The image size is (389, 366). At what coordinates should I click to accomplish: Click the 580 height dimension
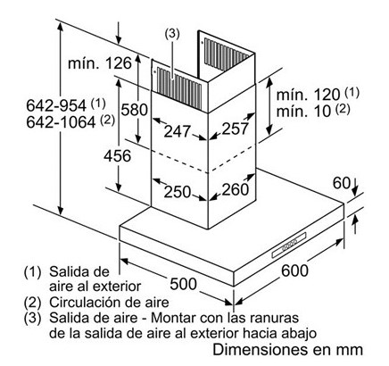coord(134,110)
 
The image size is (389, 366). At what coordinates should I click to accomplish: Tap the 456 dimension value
coord(117,156)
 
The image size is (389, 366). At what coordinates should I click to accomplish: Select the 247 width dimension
coord(178,131)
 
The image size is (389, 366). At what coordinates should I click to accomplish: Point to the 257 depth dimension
coord(235,129)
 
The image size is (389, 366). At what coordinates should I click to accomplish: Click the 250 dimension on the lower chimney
coord(178,192)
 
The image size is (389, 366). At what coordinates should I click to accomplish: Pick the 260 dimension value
coord(235,189)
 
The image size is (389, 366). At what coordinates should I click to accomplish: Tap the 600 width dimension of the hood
coord(294,270)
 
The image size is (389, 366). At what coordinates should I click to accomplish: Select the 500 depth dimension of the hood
coord(183,284)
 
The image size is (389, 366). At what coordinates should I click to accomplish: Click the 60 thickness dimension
coord(342,183)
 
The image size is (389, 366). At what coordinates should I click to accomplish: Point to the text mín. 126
coord(100,63)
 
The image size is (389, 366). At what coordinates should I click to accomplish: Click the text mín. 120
coord(308,95)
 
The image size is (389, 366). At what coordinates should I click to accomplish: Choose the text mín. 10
coord(303,112)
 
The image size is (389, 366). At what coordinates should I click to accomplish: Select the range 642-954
coord(56,105)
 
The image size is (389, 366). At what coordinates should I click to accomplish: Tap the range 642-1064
coord(61,122)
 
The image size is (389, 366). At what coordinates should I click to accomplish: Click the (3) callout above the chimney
coord(172,34)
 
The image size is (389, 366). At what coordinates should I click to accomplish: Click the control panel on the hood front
coord(289,245)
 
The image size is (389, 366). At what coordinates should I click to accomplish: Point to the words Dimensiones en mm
coord(287,349)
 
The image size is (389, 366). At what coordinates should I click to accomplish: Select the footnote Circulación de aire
coord(109,303)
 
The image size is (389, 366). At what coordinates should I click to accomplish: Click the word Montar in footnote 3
coord(173,318)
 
